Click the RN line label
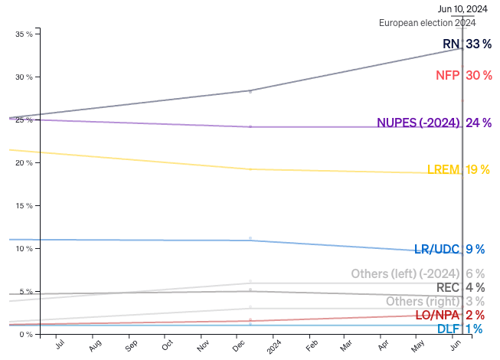(x=451, y=44)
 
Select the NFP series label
(x=447, y=75)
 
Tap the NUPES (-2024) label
(x=418, y=123)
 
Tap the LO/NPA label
(x=439, y=315)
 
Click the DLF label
(x=448, y=329)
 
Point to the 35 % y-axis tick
(x=24, y=34)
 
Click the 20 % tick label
(x=24, y=163)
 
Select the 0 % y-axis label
(x=26, y=335)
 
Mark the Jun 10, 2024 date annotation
(x=462, y=9)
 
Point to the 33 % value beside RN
(x=478, y=44)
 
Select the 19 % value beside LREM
(x=478, y=169)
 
